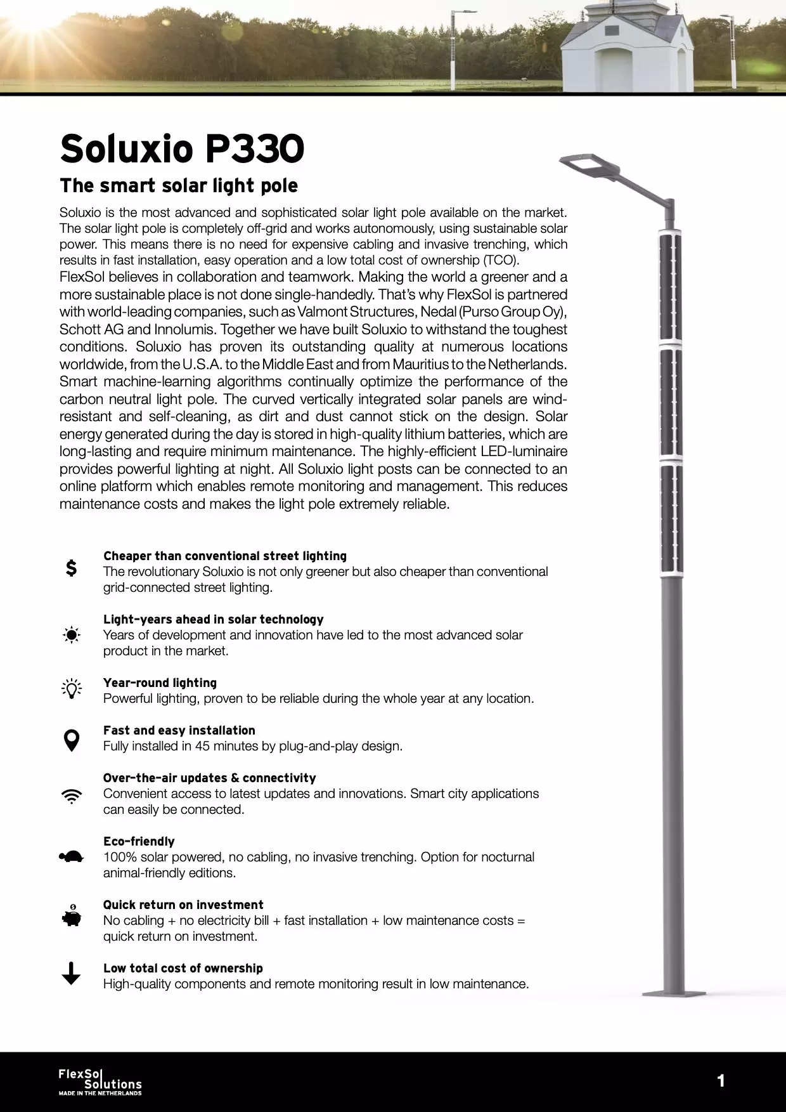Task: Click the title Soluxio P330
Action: pyautogui.click(x=182, y=148)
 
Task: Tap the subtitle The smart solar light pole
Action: pyautogui.click(x=179, y=186)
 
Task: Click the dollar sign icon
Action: pyautogui.click(x=72, y=568)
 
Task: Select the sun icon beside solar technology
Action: pyautogui.click(x=72, y=634)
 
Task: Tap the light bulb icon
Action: pyautogui.click(x=72, y=689)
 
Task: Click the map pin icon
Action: pyautogui.click(x=72, y=740)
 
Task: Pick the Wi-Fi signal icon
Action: pyautogui.click(x=72, y=796)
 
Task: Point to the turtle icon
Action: pyautogui.click(x=72, y=857)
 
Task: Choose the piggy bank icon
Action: pyautogui.click(x=72, y=917)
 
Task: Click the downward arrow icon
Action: pyautogui.click(x=72, y=973)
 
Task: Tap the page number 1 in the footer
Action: pyautogui.click(x=721, y=1081)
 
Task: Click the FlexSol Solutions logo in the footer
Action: pyautogui.click(x=100, y=1082)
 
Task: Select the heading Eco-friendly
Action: pyautogui.click(x=139, y=841)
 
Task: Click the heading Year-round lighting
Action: pyautogui.click(x=160, y=683)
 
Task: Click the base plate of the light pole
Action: pyautogui.click(x=673, y=991)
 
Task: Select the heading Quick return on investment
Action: pyautogui.click(x=183, y=905)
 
